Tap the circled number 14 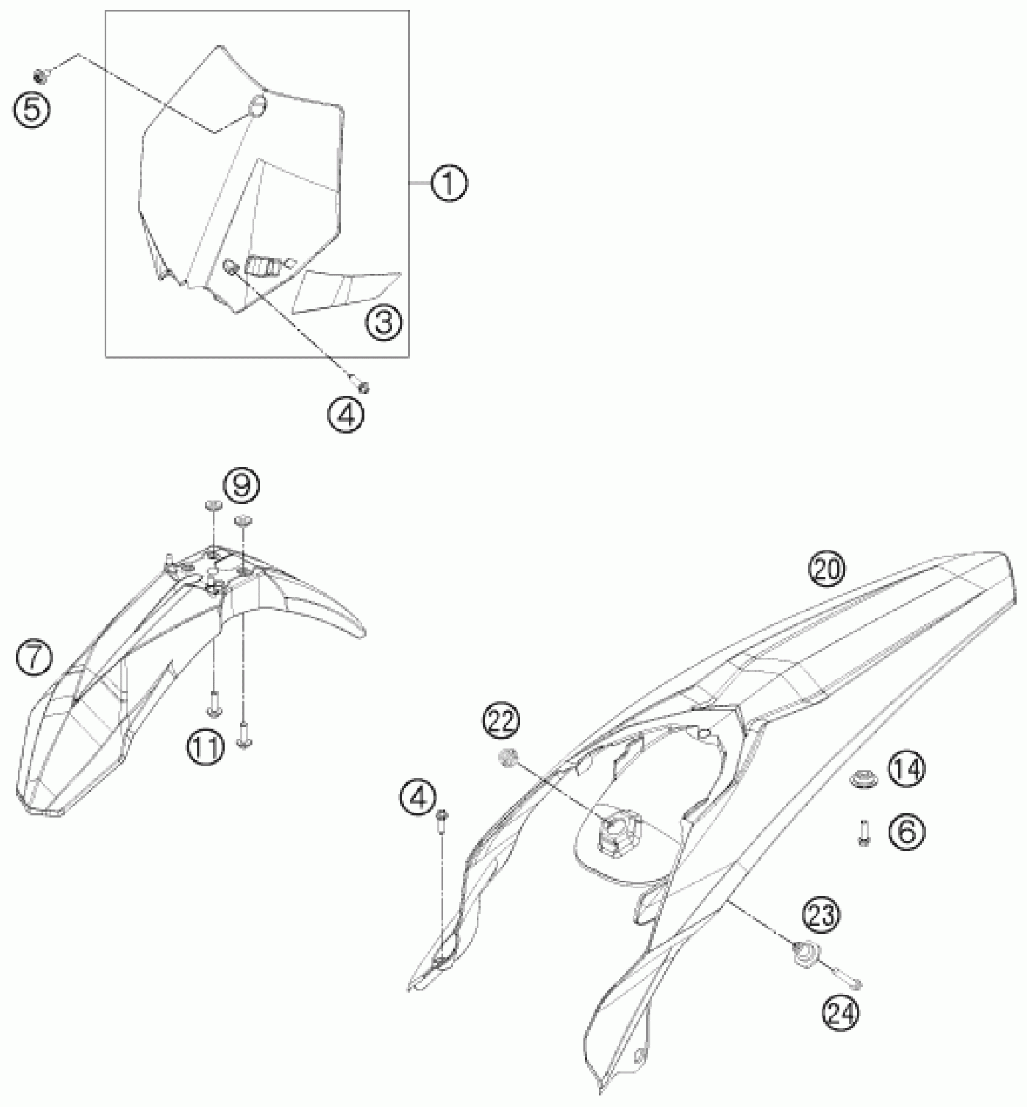[906, 769]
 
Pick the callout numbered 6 [906, 833]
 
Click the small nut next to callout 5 [40, 75]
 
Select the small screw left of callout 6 [864, 834]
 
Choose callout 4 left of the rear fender [417, 799]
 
